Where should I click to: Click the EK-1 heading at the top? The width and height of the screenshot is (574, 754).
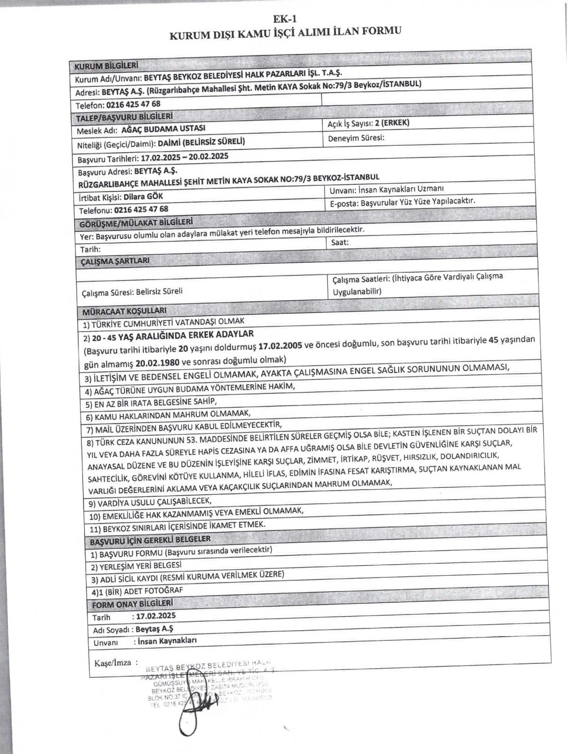pyautogui.click(x=285, y=19)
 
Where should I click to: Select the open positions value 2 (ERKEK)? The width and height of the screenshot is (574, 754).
pyautogui.click(x=392, y=123)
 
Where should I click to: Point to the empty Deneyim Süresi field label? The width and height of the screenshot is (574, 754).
pyautogui.click(x=356, y=137)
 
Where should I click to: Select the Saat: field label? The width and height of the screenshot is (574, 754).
pyautogui.click(x=340, y=243)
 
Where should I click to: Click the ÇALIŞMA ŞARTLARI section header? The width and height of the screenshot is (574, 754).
pyautogui.click(x=115, y=262)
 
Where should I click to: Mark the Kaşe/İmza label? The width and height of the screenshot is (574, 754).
pyautogui.click(x=112, y=663)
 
